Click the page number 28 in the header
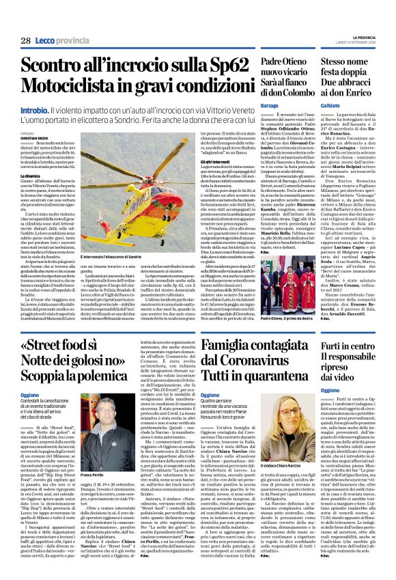point(25,41)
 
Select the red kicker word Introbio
point(33,110)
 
